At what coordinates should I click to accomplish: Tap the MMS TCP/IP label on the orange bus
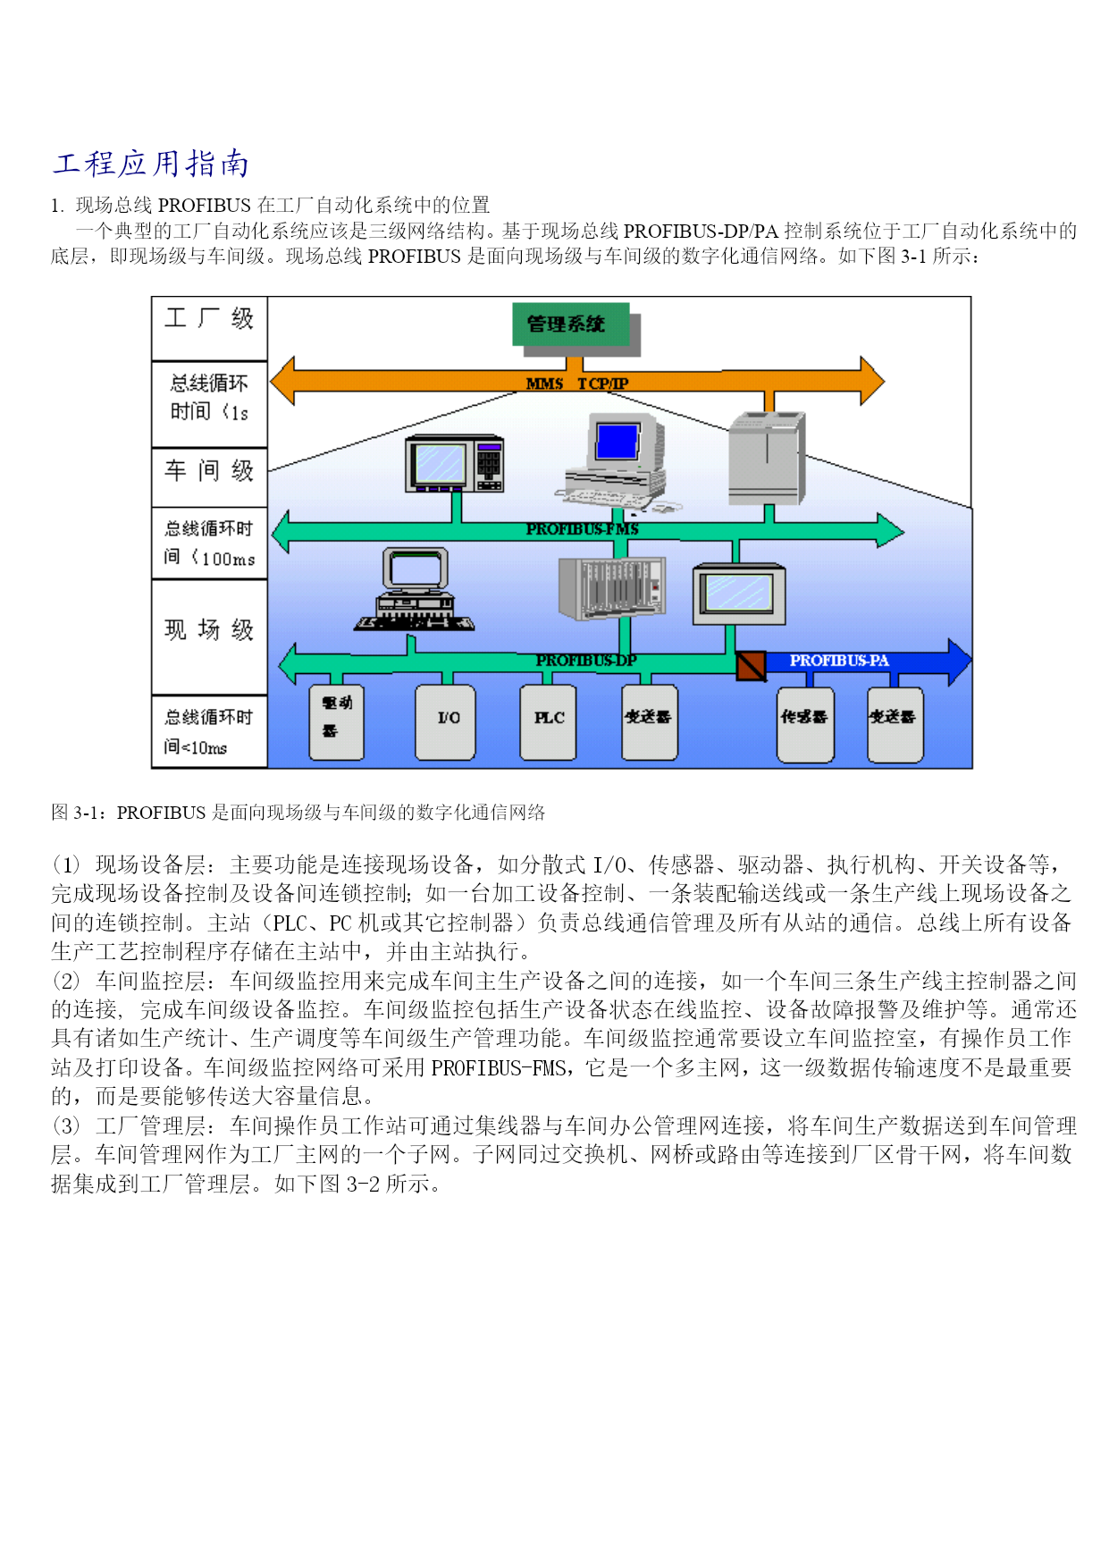click(x=577, y=384)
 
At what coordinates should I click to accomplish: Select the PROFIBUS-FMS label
click(x=582, y=529)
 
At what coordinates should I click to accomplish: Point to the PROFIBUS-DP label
click(x=586, y=661)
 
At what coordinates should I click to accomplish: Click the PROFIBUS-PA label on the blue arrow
click(x=839, y=661)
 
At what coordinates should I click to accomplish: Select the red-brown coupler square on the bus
click(x=751, y=665)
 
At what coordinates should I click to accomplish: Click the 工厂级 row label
click(x=209, y=319)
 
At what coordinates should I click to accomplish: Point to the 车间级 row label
click(x=209, y=470)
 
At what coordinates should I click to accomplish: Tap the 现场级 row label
click(x=209, y=629)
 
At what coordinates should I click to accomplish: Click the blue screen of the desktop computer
click(x=618, y=442)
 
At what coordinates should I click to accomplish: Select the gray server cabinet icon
click(x=767, y=458)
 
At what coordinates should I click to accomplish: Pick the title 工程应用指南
click(x=150, y=164)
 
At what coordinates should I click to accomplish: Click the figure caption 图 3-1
click(x=298, y=813)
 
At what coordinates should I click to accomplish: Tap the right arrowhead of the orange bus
click(x=870, y=381)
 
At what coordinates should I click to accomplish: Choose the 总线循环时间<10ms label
click(x=209, y=731)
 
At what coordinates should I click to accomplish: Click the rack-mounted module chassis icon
click(x=612, y=587)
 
